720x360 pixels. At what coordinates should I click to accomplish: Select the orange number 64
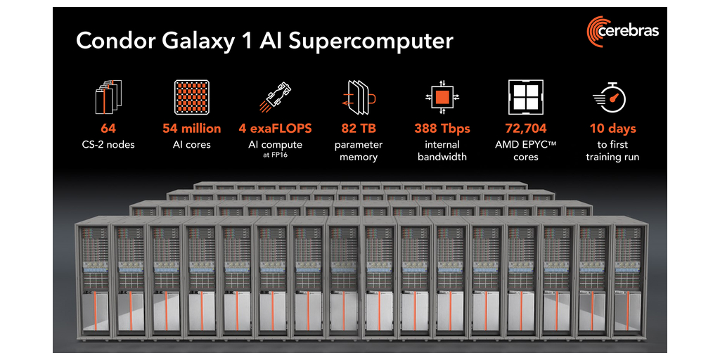(108, 129)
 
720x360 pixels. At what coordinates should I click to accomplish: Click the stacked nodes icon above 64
(108, 96)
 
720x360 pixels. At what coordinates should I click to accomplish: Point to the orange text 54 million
(191, 129)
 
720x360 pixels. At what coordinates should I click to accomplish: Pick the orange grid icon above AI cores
(191, 96)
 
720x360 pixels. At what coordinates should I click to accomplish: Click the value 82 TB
(359, 129)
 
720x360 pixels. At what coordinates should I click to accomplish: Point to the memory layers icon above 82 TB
(359, 97)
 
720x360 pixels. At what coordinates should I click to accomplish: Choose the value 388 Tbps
(442, 129)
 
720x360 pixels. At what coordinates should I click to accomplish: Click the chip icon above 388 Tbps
(442, 96)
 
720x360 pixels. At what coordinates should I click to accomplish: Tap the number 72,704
(526, 129)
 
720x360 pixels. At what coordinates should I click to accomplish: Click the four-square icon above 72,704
(525, 96)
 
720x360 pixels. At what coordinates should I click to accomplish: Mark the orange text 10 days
(612, 129)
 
